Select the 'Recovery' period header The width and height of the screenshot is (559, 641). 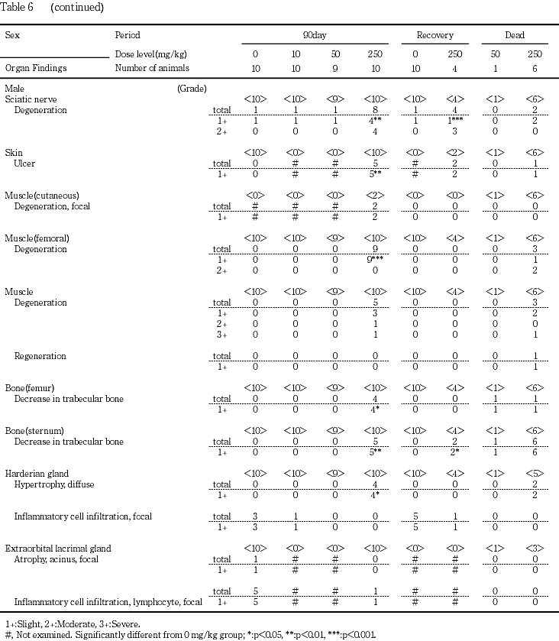point(435,35)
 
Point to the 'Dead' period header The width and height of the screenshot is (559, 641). point(514,35)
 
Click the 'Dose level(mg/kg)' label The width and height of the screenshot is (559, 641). point(150,54)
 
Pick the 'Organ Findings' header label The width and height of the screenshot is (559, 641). point(36,68)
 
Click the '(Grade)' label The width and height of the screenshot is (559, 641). point(192,89)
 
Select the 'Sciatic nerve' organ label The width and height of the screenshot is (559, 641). point(31,99)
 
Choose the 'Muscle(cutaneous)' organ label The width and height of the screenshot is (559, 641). point(42,196)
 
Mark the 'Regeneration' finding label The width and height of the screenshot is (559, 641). point(40,356)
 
